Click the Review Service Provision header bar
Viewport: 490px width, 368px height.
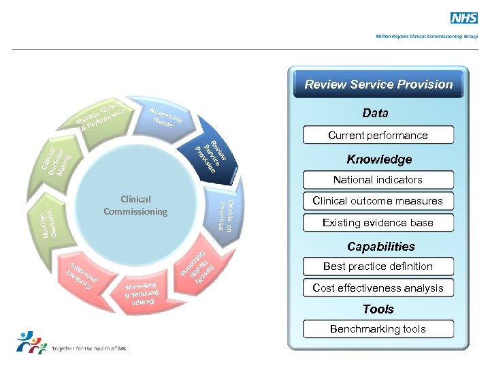[x=378, y=85]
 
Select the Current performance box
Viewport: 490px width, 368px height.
[x=378, y=135]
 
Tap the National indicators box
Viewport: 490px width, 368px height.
[x=378, y=180]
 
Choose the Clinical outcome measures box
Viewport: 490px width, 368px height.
[x=378, y=201]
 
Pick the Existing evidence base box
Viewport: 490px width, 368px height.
[x=378, y=223]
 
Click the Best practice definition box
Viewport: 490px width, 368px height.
[x=378, y=266]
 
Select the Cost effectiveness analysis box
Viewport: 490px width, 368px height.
[x=378, y=288]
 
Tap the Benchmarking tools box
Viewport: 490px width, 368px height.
[x=378, y=329]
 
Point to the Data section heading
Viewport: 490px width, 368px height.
[x=375, y=113]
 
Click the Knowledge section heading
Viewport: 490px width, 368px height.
[x=379, y=159]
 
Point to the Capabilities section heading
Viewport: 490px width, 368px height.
[x=380, y=247]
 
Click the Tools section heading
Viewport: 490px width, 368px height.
[x=378, y=309]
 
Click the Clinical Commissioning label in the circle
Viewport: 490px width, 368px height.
[x=135, y=205]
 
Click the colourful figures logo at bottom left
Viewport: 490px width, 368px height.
[x=30, y=343]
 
